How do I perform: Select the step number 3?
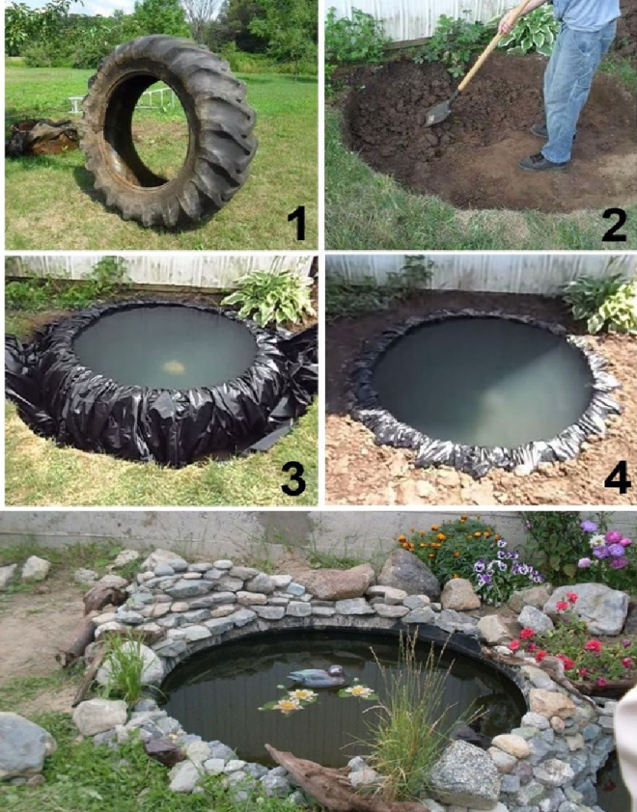coord(293,478)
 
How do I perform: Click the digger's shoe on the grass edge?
coord(540,162)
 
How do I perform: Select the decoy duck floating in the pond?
coord(318,676)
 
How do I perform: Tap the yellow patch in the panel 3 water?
coord(174,367)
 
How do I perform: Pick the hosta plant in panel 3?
coord(269,297)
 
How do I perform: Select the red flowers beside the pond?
coord(565,636)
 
